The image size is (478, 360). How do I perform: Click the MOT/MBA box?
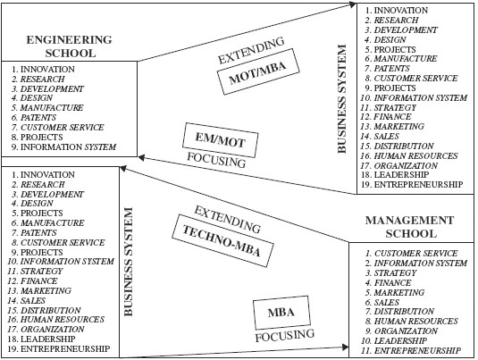[x=258, y=71]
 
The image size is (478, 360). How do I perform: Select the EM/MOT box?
[x=220, y=140]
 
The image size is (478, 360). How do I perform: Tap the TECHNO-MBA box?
[x=222, y=240]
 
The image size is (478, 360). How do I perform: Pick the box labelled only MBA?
[x=281, y=313]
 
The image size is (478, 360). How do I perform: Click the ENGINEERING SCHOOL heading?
[x=70, y=46]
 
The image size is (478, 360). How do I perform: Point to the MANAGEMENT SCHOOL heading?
[x=410, y=227]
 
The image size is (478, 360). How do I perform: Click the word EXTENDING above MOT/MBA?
[x=251, y=50]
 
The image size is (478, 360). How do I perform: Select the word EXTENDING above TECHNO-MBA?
[x=228, y=219]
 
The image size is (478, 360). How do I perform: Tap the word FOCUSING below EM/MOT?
[x=216, y=160]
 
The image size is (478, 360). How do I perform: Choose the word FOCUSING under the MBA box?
[x=285, y=335]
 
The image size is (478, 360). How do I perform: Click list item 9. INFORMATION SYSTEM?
[x=63, y=147]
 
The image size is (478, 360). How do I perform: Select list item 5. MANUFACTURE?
[x=47, y=107]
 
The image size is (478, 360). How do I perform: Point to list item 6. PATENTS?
[x=34, y=117]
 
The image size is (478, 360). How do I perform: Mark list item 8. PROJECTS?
[x=37, y=138]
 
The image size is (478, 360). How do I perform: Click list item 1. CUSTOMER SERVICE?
[x=412, y=254]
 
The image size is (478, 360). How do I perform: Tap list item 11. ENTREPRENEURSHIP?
[x=411, y=350]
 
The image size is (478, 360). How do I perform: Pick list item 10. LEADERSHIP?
[x=394, y=341]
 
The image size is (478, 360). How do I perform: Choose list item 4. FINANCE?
[x=388, y=282]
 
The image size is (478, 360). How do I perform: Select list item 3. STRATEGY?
[x=390, y=272]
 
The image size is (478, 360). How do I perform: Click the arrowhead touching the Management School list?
[x=346, y=347]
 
